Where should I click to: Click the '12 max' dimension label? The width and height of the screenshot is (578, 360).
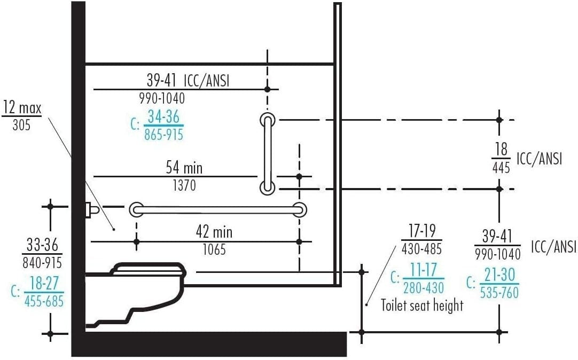point(22,108)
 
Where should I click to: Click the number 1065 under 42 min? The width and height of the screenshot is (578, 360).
point(214,249)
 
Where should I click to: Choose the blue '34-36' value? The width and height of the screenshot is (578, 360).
point(163,116)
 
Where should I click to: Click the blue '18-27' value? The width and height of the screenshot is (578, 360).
point(44,284)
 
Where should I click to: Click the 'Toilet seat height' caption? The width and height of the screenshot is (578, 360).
point(422,306)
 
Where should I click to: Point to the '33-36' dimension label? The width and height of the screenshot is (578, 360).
point(43,246)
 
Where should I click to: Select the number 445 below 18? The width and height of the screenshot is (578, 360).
point(501,167)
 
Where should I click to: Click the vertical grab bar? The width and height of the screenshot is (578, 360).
point(267,153)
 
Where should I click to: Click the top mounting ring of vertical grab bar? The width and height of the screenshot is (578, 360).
point(267,120)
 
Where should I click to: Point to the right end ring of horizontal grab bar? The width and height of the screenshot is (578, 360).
point(300,210)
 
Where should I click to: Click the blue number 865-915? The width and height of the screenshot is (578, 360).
point(163,134)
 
